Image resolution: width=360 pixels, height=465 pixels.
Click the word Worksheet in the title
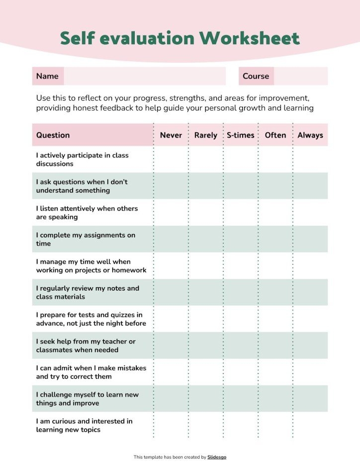point(252,38)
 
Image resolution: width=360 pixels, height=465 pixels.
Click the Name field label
point(47,76)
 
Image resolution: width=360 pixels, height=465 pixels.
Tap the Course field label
point(256,76)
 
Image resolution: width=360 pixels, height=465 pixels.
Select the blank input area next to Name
point(144,76)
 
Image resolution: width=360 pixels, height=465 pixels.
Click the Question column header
point(53,135)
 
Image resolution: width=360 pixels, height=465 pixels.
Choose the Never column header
point(171,135)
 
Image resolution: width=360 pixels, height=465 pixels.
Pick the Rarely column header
point(205,135)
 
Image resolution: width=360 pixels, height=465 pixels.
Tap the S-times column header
point(241,135)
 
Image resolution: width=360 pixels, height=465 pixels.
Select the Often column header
point(275,135)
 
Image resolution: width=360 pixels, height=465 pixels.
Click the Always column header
point(310,135)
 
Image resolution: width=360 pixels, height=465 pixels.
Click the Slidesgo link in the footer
point(217,457)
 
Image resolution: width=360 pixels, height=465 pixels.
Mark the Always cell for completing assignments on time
point(310,239)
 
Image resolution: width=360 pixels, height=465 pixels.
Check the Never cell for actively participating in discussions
point(171,159)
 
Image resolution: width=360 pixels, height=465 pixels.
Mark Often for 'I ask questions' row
point(275,186)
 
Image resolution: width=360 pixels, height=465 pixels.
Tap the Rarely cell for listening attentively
point(205,213)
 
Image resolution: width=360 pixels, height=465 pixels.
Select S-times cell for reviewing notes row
point(241,293)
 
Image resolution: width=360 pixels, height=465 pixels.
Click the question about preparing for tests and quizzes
point(91,319)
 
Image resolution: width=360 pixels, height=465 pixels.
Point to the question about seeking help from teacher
point(86,346)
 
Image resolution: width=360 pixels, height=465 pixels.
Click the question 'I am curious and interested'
point(84,425)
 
